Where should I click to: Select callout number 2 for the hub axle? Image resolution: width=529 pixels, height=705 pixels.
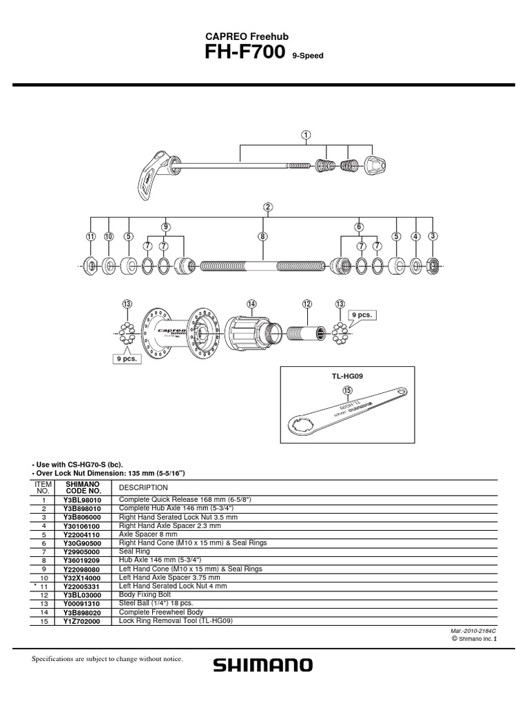click(x=267, y=207)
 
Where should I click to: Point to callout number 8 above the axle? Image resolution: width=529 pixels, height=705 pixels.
click(x=262, y=236)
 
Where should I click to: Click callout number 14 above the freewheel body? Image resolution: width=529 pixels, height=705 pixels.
click(x=251, y=304)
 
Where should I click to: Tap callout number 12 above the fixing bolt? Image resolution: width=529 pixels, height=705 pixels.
click(x=307, y=304)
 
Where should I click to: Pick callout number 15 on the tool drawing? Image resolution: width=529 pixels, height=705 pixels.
click(x=346, y=390)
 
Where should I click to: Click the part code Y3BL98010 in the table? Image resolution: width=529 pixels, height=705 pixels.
click(x=83, y=500)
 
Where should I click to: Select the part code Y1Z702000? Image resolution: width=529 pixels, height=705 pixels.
click(x=83, y=620)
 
